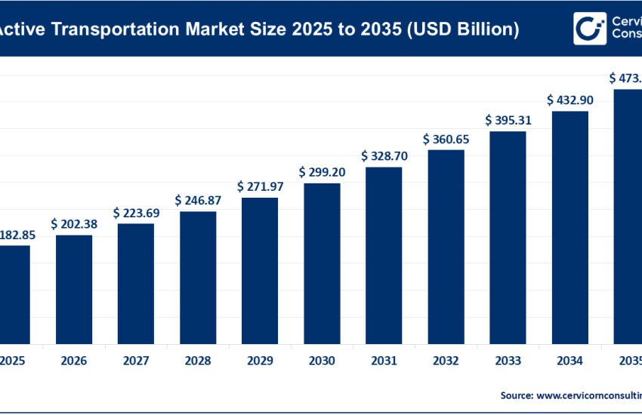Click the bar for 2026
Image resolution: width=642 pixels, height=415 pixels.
click(74, 288)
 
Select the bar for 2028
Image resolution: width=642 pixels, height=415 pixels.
click(198, 276)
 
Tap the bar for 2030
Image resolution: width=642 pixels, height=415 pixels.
click(322, 263)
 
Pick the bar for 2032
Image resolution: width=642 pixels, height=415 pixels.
click(446, 246)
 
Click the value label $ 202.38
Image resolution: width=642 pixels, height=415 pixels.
click(74, 223)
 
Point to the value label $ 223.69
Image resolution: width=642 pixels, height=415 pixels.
click(136, 213)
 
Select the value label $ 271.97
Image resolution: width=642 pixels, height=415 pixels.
click(260, 186)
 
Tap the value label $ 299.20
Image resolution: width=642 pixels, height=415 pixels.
click(322, 172)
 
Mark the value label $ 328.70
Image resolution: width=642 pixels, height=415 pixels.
click(384, 155)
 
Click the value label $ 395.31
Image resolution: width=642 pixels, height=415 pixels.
click(508, 120)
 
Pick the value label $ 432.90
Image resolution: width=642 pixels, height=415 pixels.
click(569, 100)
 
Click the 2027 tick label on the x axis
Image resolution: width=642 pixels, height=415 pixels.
click(136, 361)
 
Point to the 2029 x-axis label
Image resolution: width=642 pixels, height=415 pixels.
click(260, 361)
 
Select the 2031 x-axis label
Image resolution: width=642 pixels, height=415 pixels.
click(384, 361)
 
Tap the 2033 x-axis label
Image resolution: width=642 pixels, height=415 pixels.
click(508, 361)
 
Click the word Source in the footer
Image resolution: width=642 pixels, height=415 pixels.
click(515, 395)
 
